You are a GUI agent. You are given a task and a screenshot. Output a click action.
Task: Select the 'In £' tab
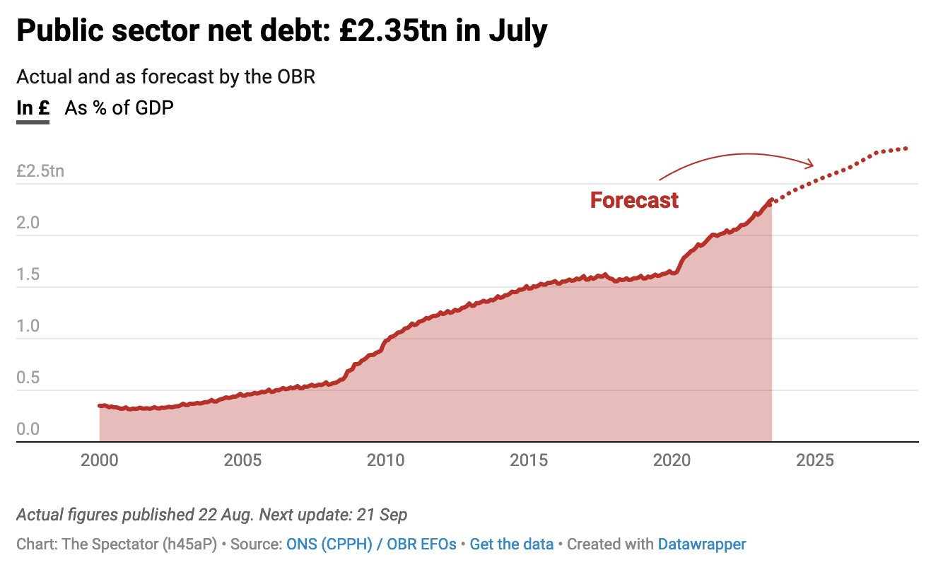coord(33,108)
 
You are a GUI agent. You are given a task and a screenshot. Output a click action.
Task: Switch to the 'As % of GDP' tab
coord(119,108)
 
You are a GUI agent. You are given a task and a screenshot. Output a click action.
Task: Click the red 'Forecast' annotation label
coord(634,201)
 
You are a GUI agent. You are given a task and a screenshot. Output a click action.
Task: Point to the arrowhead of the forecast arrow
coord(812,165)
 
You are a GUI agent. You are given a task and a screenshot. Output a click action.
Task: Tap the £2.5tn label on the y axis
coord(40,171)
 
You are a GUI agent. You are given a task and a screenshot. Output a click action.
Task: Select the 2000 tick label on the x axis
coord(99,460)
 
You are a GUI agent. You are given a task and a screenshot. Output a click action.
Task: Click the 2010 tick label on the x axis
coord(385,460)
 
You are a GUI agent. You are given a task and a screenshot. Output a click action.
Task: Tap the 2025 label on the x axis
coord(814,460)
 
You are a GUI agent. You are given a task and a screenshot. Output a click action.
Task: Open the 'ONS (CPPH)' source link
coord(329,544)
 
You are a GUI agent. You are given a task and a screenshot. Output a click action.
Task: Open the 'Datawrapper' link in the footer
coord(701,544)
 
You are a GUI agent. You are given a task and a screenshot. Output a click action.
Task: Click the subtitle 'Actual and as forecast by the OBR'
coord(165,76)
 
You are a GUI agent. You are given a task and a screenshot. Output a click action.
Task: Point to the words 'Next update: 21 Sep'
coord(333,514)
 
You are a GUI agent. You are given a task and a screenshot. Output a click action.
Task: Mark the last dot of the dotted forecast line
coord(906,148)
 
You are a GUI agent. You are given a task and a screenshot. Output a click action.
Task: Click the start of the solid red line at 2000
coord(100,406)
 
